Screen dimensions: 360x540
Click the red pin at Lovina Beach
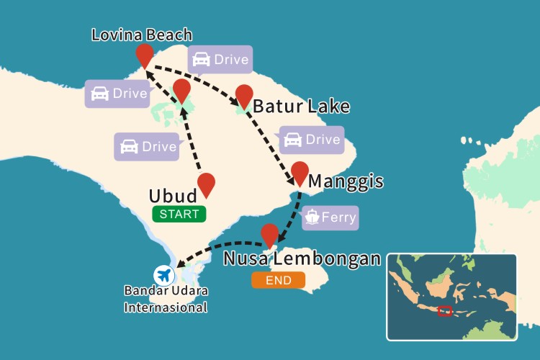pyautogui.click(x=145, y=55)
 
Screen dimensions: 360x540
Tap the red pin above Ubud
pyautogui.click(x=206, y=184)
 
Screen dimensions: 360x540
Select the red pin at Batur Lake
pyautogui.click(x=244, y=95)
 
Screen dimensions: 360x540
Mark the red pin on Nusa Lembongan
pyautogui.click(x=270, y=235)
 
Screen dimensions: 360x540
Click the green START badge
pyautogui.click(x=179, y=214)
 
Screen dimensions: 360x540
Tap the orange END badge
pyautogui.click(x=278, y=279)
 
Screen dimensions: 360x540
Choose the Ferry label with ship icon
pyautogui.click(x=330, y=217)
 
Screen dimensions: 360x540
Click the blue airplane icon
pyautogui.click(x=164, y=274)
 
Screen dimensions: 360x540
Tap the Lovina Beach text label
pyautogui.click(x=142, y=35)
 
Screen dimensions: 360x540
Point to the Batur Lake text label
pyautogui.click(x=301, y=107)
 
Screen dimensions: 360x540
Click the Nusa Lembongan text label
pyautogui.click(x=302, y=258)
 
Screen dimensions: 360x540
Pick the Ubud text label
pyautogui.click(x=173, y=196)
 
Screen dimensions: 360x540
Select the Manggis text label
pyautogui.click(x=346, y=181)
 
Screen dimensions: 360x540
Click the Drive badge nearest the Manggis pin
pyautogui.click(x=311, y=140)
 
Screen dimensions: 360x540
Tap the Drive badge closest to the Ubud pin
pyautogui.click(x=147, y=146)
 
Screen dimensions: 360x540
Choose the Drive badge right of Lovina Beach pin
pyautogui.click(x=220, y=60)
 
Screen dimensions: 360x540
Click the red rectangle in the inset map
pyautogui.click(x=445, y=311)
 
